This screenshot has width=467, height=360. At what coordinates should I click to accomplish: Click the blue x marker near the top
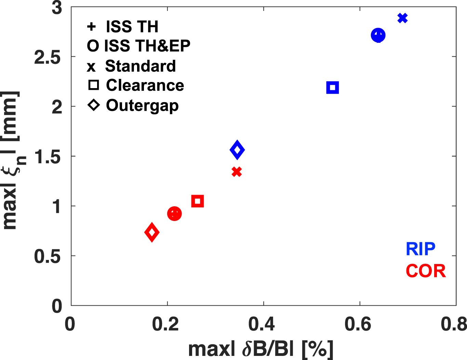(x=403, y=18)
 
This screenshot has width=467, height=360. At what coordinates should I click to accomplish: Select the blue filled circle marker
(x=378, y=35)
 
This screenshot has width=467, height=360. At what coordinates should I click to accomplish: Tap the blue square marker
(x=332, y=88)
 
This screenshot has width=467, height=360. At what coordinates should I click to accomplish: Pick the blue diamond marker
(x=237, y=150)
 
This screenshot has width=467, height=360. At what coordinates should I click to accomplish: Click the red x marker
(x=237, y=171)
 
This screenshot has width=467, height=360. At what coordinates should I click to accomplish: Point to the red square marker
(x=197, y=201)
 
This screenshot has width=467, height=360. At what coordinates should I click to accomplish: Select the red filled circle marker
(x=174, y=214)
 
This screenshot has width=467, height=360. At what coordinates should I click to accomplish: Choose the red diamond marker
(x=152, y=232)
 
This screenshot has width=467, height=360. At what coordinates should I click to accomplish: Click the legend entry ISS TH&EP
(x=138, y=46)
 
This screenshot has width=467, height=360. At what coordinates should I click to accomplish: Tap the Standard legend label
(x=140, y=66)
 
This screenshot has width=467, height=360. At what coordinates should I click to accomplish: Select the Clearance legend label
(x=145, y=85)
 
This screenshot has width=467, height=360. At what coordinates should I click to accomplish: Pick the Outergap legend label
(x=142, y=106)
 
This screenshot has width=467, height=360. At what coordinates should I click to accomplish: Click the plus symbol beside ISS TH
(x=91, y=27)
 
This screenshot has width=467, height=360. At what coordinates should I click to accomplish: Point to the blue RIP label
(x=421, y=249)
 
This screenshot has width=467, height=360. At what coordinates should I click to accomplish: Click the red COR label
(x=426, y=271)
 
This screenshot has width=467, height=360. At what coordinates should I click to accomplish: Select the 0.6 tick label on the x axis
(x=358, y=324)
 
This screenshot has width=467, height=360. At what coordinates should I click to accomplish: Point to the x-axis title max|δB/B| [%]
(x=261, y=349)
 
